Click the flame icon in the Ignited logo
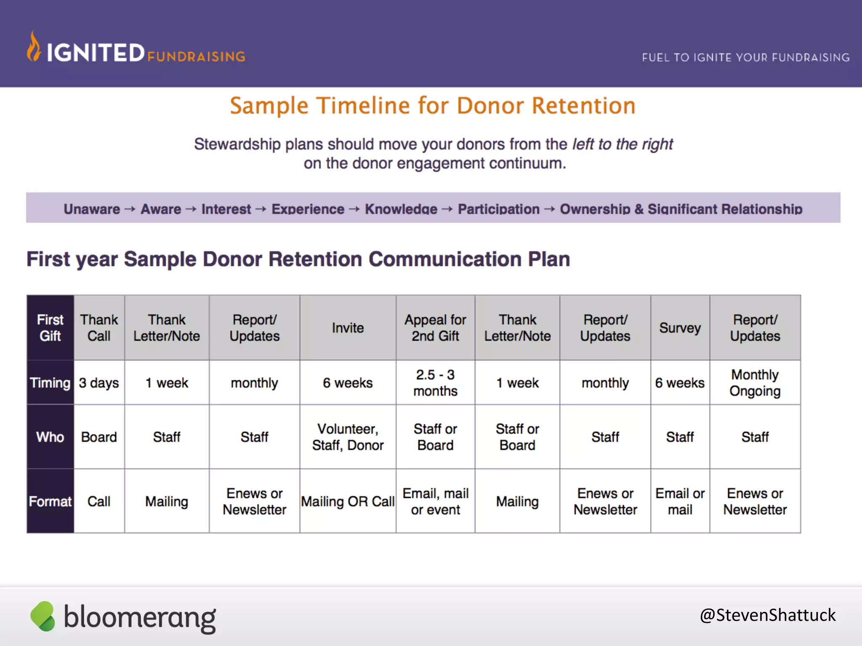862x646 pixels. (34, 47)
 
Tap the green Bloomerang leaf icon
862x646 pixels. (43, 616)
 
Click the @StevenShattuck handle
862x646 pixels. (767, 615)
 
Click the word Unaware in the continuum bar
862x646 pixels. (92, 209)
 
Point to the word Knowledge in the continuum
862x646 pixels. (401, 209)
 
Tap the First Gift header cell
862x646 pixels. (50, 328)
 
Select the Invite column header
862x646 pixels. (348, 328)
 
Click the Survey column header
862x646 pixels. (680, 328)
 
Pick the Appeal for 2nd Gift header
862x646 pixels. (435, 328)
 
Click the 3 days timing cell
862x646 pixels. (99, 383)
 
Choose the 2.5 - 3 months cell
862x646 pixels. (435, 383)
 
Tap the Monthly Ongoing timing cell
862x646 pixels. (755, 383)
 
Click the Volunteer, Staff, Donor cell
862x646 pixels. (348, 437)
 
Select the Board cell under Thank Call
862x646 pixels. (99, 437)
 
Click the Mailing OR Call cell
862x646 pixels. (348, 501)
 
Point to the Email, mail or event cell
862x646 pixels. (435, 501)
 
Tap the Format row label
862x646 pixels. (50, 501)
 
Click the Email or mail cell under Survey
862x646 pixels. (680, 501)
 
